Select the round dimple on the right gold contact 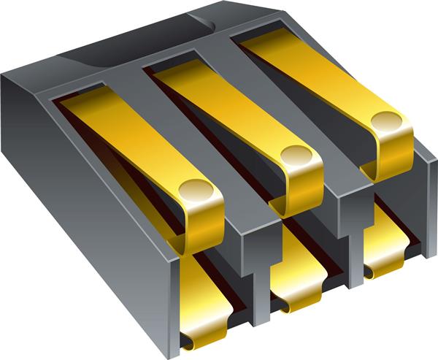click(387, 120)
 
